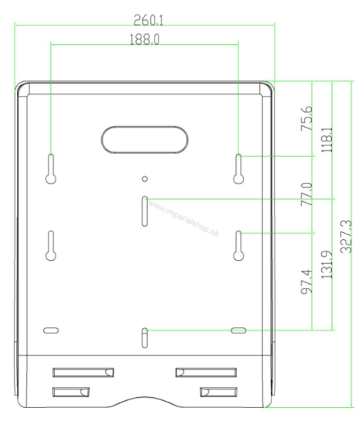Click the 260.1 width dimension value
pos(149,20)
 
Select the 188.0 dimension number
pos(144,39)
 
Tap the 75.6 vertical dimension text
pos(307,118)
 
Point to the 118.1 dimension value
pos(327,139)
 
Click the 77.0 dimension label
pos(307,194)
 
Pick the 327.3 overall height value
pos(346,237)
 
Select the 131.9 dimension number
pos(327,265)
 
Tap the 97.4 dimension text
pos(307,282)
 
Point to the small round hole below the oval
pos(145,179)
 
